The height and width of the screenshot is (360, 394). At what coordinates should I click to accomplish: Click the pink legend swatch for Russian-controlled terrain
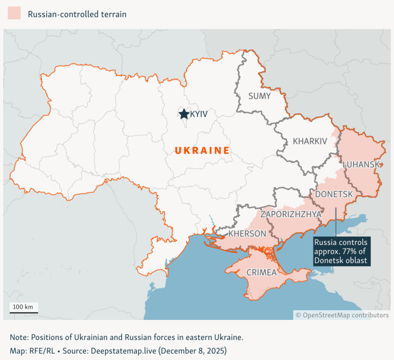[x=14, y=13]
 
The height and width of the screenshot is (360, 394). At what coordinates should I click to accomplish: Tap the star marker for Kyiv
[x=184, y=113]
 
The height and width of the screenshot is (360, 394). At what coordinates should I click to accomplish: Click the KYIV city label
[x=199, y=114]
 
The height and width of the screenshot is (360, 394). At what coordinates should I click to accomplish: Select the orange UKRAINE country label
[x=202, y=150]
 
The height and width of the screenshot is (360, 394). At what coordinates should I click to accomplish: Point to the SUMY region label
[x=260, y=96]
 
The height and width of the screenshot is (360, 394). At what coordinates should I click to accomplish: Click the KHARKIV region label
[x=309, y=141]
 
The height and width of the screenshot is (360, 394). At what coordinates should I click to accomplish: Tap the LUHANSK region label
[x=361, y=164]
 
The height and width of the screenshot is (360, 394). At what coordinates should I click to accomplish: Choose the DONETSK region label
[x=334, y=194]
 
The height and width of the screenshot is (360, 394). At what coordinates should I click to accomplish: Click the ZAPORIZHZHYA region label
[x=291, y=214]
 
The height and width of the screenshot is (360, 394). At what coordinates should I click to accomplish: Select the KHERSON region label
[x=247, y=234]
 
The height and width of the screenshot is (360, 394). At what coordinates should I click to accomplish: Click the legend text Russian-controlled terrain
[x=77, y=14]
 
